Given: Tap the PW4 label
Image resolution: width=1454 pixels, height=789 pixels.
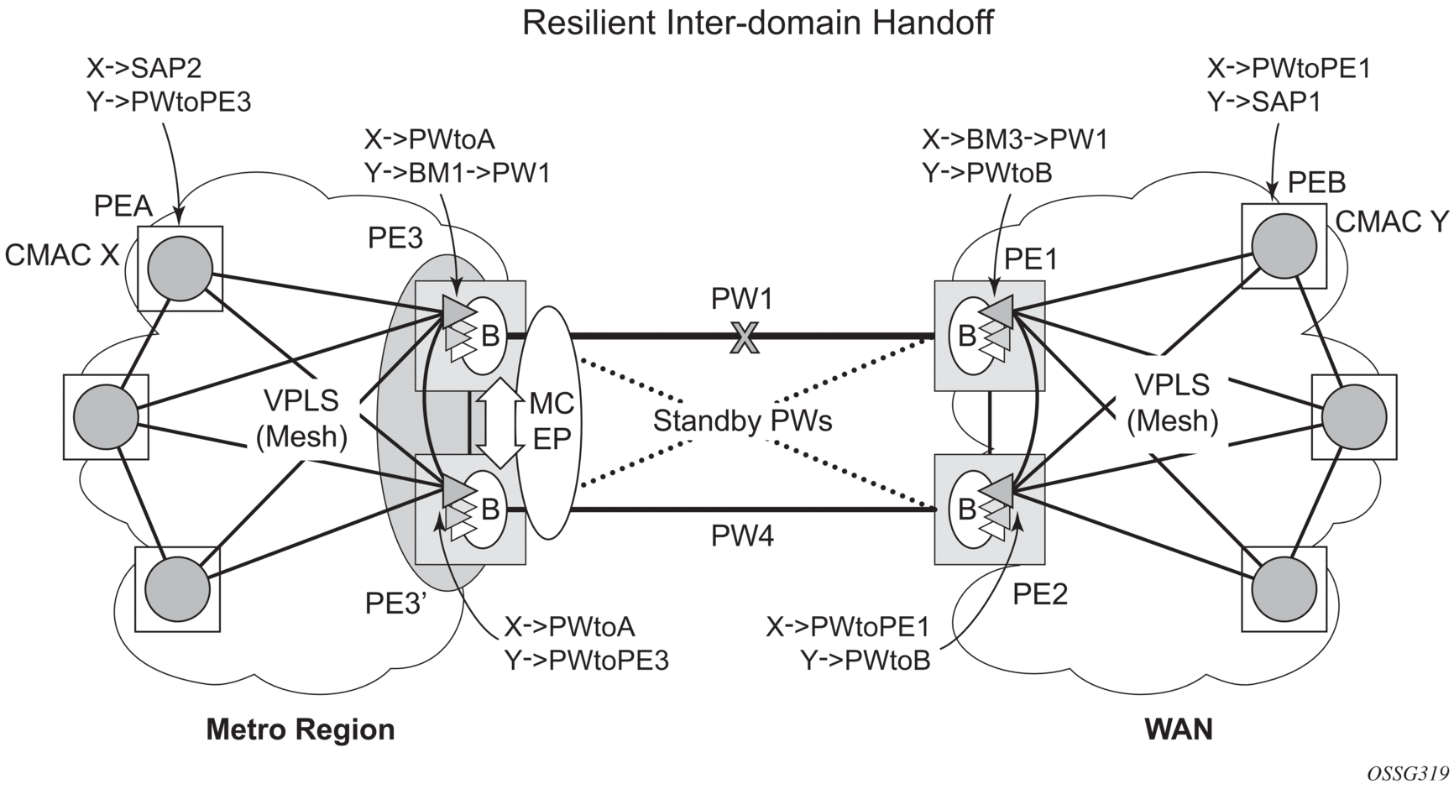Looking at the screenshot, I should [742, 536].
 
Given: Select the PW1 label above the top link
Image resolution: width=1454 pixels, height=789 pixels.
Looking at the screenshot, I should [742, 300].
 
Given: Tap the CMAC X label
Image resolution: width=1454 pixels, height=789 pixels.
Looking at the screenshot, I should [62, 255].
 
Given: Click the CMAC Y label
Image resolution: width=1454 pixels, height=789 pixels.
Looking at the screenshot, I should [1392, 222].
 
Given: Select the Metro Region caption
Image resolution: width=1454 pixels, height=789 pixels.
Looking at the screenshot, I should [301, 729].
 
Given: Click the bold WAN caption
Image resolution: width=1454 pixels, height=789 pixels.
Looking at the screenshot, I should [1179, 729].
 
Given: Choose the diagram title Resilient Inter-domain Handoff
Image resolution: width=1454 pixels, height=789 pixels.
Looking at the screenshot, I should [757, 23].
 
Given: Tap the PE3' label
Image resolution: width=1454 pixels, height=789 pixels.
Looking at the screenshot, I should [397, 604].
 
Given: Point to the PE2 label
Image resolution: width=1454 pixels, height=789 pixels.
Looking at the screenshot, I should [1039, 594].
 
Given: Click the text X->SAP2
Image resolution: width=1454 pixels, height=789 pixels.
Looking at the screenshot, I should [144, 67].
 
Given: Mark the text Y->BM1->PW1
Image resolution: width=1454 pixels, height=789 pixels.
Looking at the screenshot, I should [458, 173].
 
